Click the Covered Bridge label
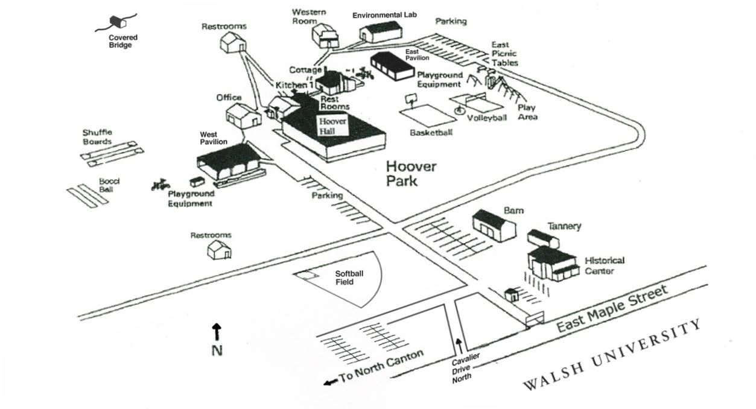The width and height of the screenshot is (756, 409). pyautogui.click(x=123, y=41)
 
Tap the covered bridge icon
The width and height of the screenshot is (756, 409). pyautogui.click(x=116, y=23)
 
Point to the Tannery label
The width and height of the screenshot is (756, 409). pyautogui.click(x=564, y=226)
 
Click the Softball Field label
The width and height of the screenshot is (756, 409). pyautogui.click(x=349, y=277)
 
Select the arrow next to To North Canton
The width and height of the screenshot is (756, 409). pyautogui.click(x=330, y=382)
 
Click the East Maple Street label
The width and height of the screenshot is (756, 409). pyautogui.click(x=612, y=309)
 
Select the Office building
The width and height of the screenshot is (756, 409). pyautogui.click(x=243, y=115)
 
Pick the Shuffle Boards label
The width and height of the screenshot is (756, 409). pyautogui.click(x=97, y=137)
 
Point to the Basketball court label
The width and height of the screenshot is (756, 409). pyautogui.click(x=431, y=133)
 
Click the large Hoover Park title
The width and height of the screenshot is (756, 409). pyautogui.click(x=411, y=173)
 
